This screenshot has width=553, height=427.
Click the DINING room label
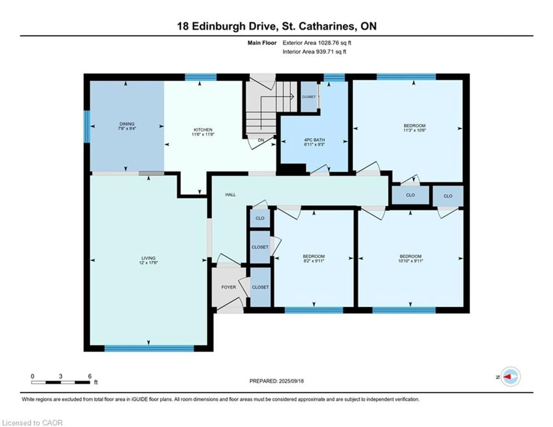coord(127,124)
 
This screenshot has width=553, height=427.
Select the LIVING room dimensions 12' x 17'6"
coord(148,263)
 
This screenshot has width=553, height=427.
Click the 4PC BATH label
coord(314,140)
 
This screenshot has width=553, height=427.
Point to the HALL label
coord(230,194)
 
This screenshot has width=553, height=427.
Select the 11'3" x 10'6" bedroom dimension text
coord(414,130)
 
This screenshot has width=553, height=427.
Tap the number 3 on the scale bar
coord(60,376)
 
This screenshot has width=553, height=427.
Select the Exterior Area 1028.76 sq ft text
coord(317,43)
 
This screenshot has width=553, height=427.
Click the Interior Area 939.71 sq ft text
coord(314,52)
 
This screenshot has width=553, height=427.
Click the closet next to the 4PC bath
coord(309,97)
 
